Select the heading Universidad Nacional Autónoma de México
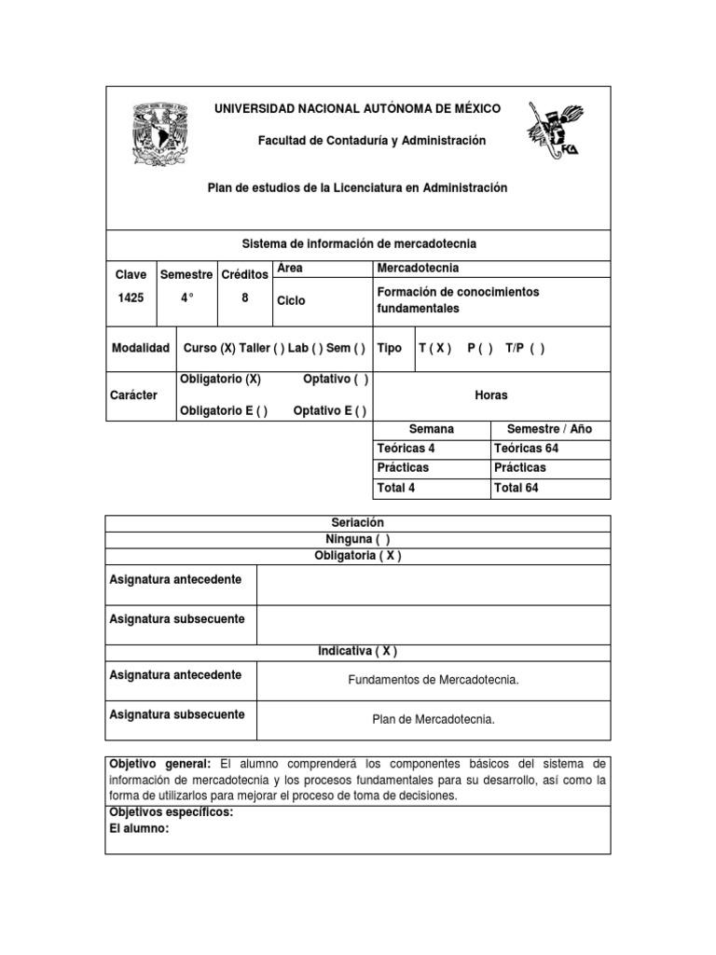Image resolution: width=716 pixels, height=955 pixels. click(358, 109)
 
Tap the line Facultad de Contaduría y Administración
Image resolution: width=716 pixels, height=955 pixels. click(359, 140)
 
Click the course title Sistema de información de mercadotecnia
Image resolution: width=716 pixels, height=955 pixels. click(359, 243)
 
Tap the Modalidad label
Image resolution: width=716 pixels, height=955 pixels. click(140, 348)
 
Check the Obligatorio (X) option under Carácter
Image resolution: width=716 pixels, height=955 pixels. click(219, 380)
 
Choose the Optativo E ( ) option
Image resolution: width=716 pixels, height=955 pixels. click(329, 411)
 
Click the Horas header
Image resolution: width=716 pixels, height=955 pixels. click(491, 395)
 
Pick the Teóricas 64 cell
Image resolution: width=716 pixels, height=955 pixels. click(527, 448)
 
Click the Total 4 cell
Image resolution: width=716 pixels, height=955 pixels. click(406, 488)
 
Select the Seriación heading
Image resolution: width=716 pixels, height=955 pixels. click(358, 523)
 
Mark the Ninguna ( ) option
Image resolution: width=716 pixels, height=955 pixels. click(358, 539)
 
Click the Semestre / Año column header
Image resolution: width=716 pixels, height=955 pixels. click(549, 429)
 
